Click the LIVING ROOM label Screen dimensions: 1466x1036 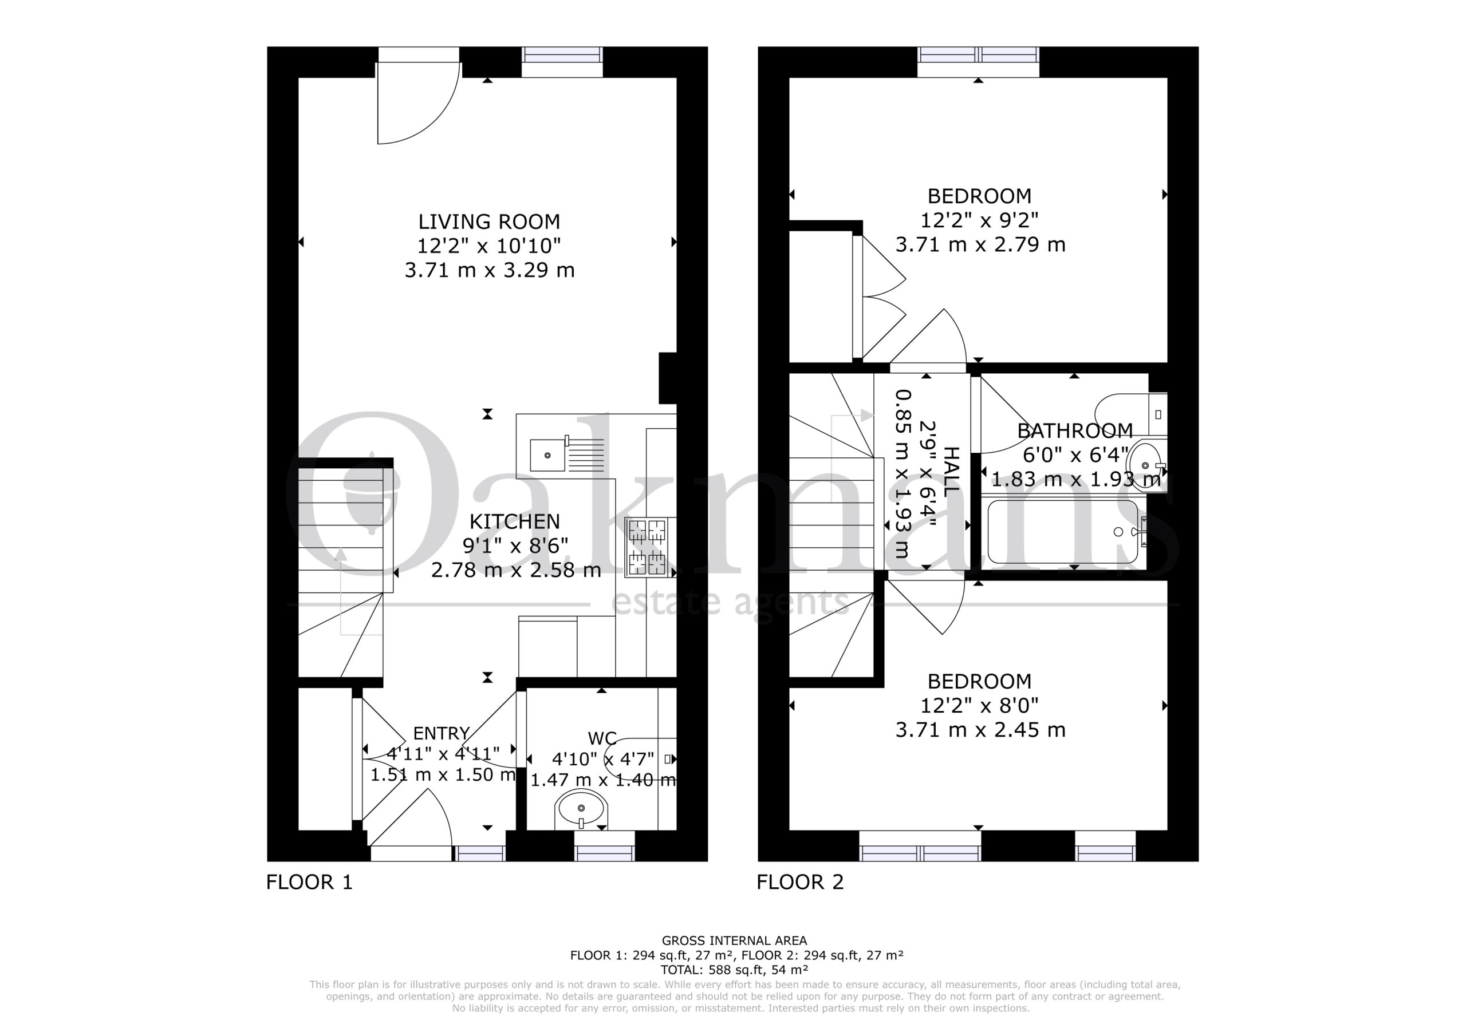click(489, 222)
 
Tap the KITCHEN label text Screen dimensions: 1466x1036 click(515, 521)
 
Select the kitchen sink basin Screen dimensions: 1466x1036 click(547, 455)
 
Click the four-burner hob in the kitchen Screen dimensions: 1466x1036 click(647, 547)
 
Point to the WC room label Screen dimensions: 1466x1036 click(602, 738)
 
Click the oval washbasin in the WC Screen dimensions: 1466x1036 click(581, 809)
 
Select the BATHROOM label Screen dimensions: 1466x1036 click(1075, 431)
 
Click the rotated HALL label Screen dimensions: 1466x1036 click(951, 472)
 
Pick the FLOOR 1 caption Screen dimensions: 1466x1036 click(309, 882)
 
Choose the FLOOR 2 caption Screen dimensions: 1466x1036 click(800, 882)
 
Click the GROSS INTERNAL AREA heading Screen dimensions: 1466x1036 click(734, 940)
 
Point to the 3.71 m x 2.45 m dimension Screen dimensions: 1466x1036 click(980, 730)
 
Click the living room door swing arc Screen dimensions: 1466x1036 click(440, 121)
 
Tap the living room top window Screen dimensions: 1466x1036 click(562, 62)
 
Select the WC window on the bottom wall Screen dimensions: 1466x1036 click(605, 846)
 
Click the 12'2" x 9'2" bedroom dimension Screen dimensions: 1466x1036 click(979, 220)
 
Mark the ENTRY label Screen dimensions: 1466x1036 click(441, 733)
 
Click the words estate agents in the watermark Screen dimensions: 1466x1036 click(730, 602)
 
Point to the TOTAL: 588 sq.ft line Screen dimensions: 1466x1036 click(734, 970)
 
